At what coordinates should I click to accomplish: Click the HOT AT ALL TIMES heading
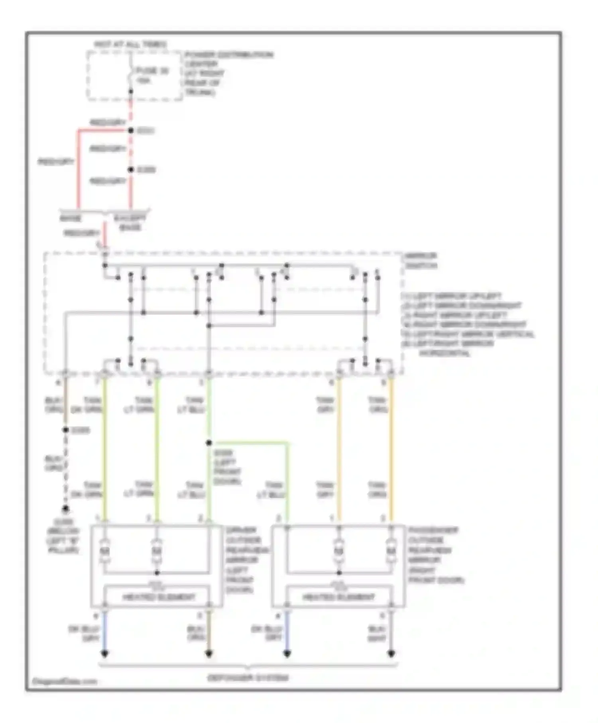click(130, 44)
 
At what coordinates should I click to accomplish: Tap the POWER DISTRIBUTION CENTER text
click(228, 55)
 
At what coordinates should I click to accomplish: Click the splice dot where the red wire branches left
click(130, 130)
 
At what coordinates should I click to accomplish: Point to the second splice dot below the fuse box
click(130, 170)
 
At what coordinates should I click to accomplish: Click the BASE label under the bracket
click(71, 219)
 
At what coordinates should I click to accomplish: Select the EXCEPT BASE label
click(130, 223)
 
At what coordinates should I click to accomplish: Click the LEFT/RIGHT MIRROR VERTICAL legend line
click(468, 334)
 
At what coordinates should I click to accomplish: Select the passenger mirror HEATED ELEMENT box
click(338, 597)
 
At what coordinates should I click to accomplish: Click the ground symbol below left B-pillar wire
click(65, 509)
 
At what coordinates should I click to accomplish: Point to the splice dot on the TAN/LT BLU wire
click(209, 443)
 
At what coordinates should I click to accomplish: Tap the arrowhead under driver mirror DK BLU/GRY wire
click(104, 654)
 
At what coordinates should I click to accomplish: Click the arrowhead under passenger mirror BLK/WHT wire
click(391, 654)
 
